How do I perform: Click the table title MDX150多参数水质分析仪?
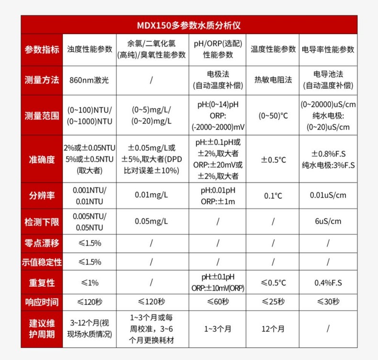point(189,24)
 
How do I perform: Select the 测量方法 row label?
point(42,80)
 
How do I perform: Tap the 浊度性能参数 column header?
point(89,49)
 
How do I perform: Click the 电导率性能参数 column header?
point(328,49)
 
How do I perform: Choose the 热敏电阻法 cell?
point(273,80)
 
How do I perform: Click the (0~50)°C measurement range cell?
point(273,115)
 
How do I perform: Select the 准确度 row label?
point(42,159)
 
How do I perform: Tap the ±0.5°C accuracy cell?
point(273,159)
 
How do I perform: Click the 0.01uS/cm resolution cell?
point(328,195)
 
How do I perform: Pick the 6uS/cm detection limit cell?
point(328,221)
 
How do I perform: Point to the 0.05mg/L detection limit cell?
point(151,221)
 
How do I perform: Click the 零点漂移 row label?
point(42,243)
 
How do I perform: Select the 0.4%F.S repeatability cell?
point(328,282)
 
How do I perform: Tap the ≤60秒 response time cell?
point(218,302)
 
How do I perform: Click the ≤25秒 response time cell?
point(273,302)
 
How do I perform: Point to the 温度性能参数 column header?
point(273,49)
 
